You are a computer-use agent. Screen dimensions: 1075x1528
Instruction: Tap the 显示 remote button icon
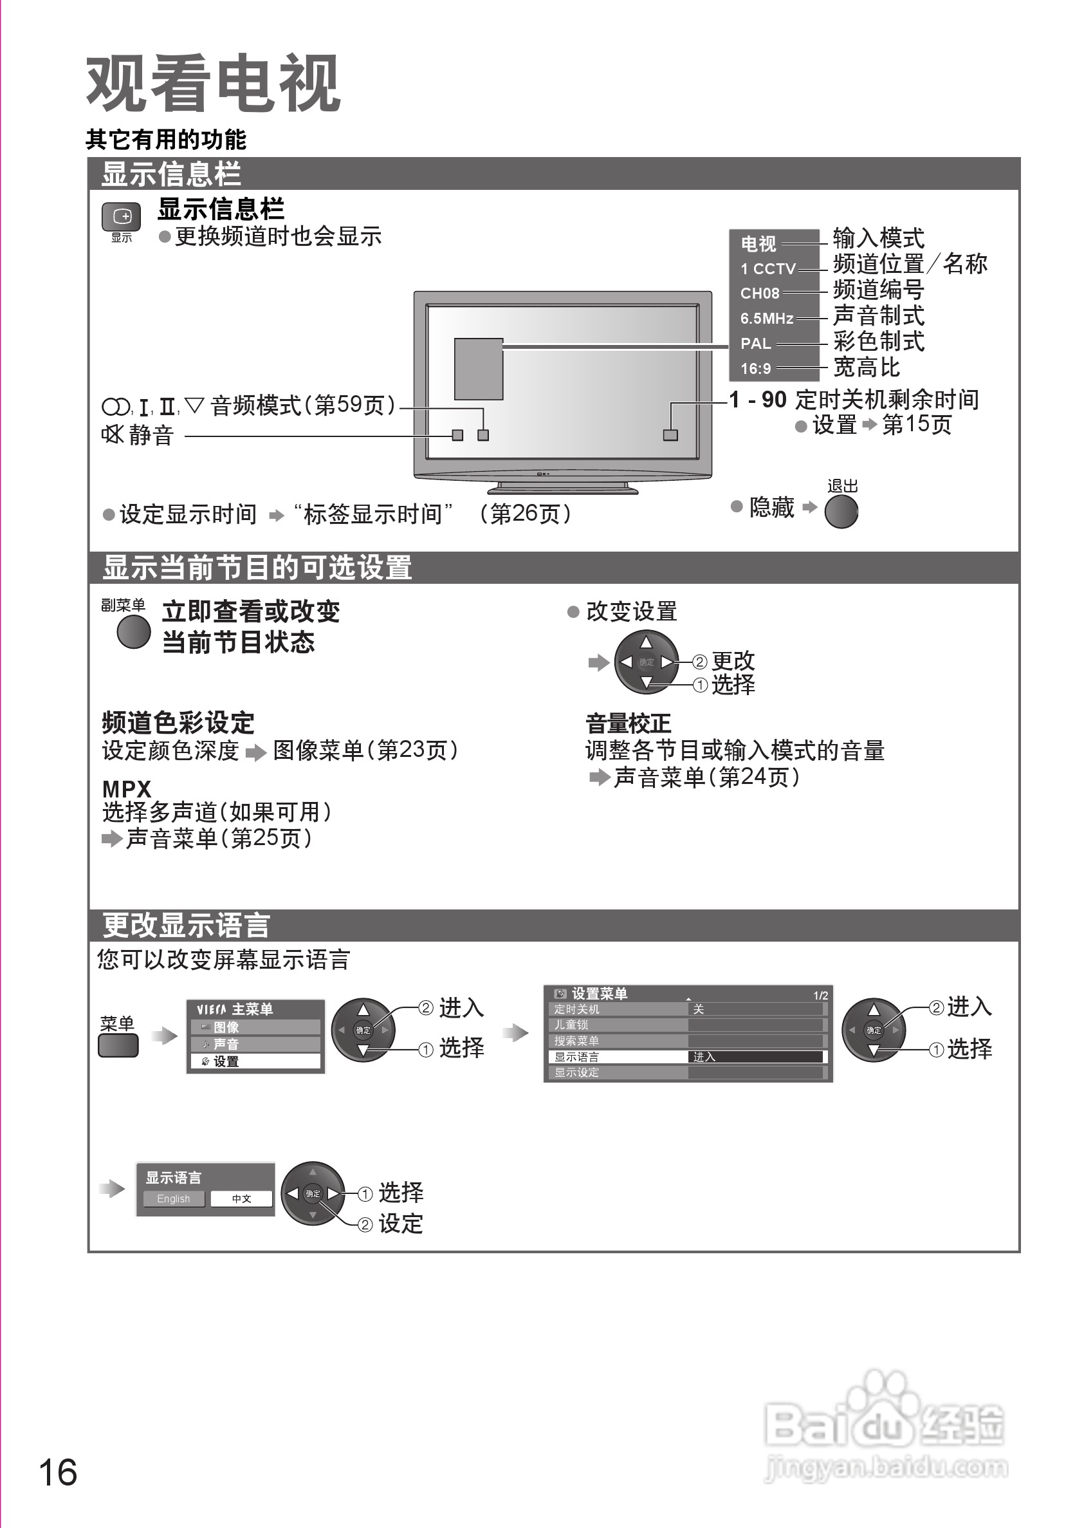coord(121,216)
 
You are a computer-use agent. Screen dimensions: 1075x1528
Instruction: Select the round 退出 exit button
coord(841,512)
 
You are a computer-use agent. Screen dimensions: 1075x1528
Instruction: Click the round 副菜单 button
coord(134,631)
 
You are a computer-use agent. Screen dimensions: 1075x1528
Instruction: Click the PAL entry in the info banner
coord(756,344)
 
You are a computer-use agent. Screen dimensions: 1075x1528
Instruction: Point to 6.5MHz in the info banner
coord(766,319)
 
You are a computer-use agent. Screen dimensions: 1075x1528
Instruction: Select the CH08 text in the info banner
coord(760,293)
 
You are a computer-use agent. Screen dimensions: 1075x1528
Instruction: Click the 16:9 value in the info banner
coord(756,369)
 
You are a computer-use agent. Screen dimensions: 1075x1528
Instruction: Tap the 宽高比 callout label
coord(866,368)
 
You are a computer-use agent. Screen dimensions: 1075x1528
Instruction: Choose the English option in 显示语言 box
coord(174,1198)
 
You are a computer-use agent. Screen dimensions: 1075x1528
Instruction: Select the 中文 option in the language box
coord(241,1198)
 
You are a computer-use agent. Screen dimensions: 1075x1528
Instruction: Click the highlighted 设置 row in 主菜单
coord(255,1061)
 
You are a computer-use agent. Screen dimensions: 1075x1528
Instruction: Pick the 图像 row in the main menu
coord(255,1027)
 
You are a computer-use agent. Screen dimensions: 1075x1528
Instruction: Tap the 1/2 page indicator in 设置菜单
coord(820,996)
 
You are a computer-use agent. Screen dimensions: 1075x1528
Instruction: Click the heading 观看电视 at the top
coord(213,84)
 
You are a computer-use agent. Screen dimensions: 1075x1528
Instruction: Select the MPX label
coord(126,788)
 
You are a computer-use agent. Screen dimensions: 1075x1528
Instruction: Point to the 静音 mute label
coord(151,436)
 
